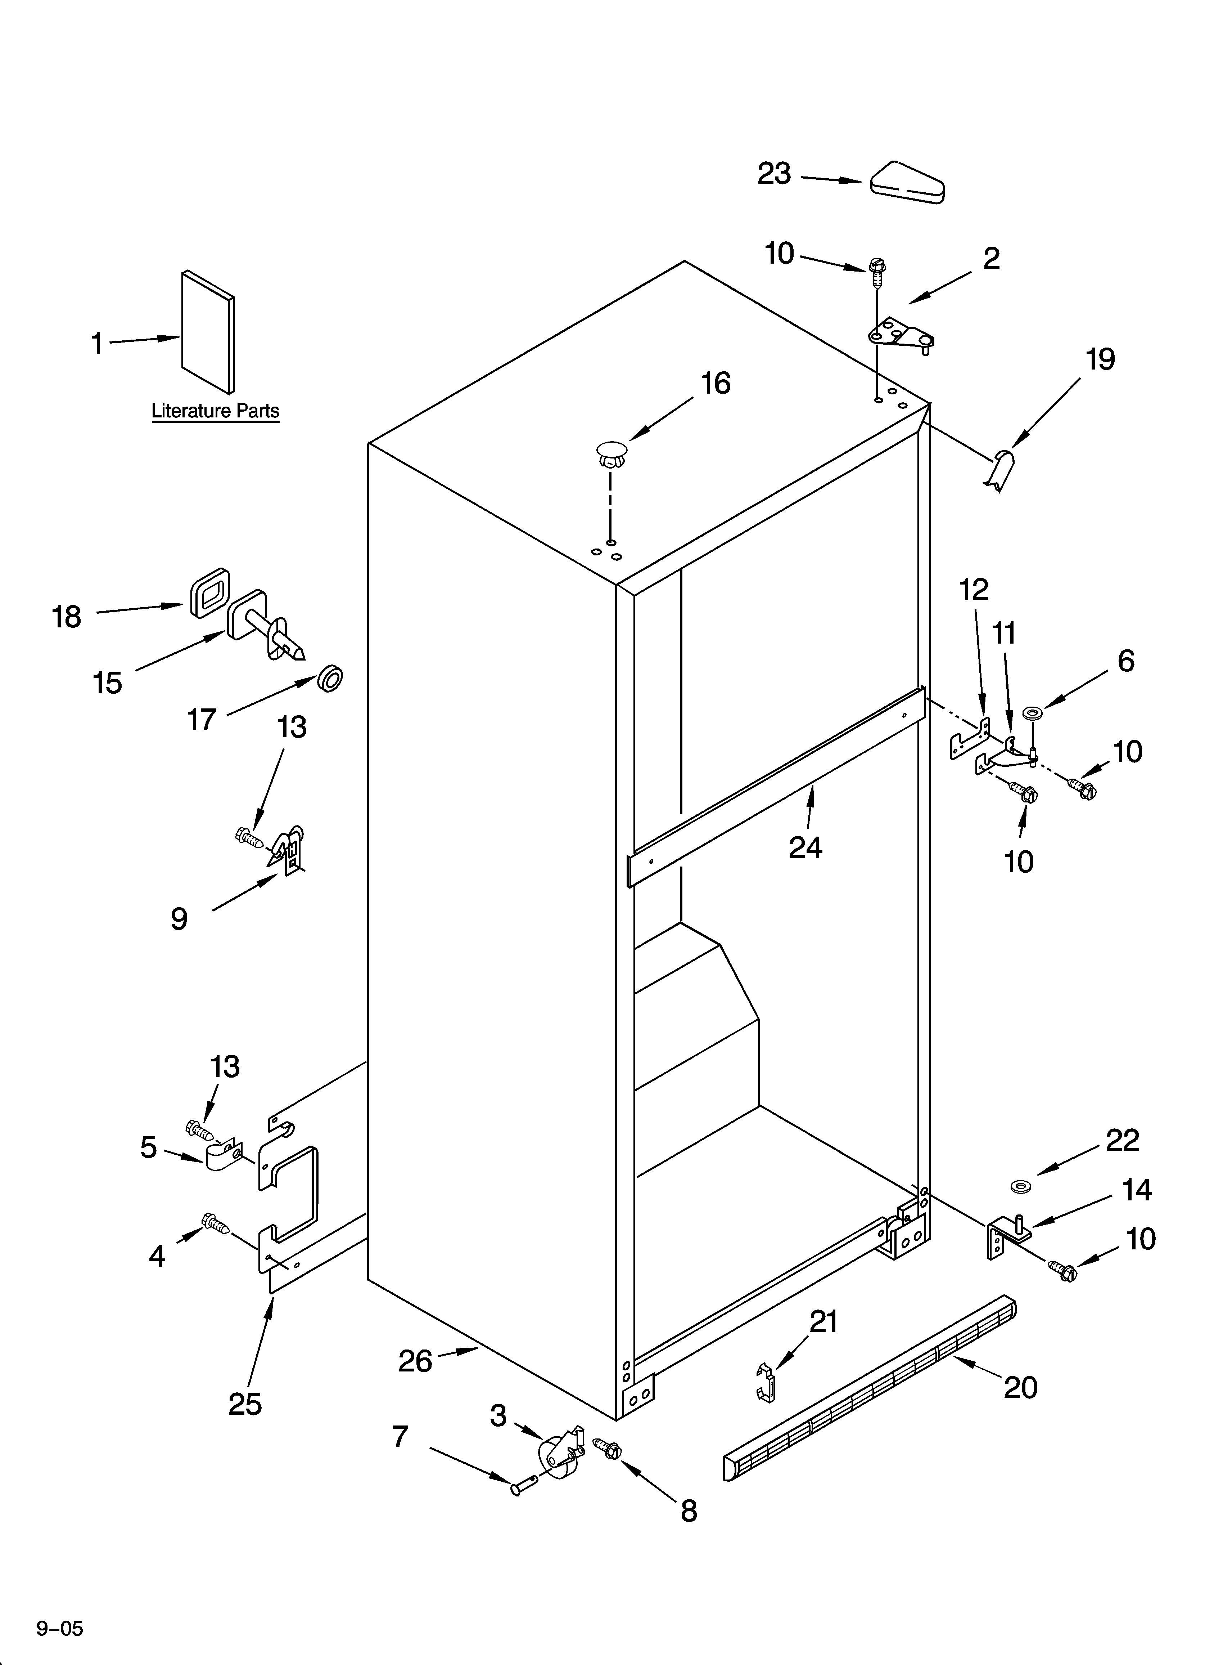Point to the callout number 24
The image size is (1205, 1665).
click(805, 848)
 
